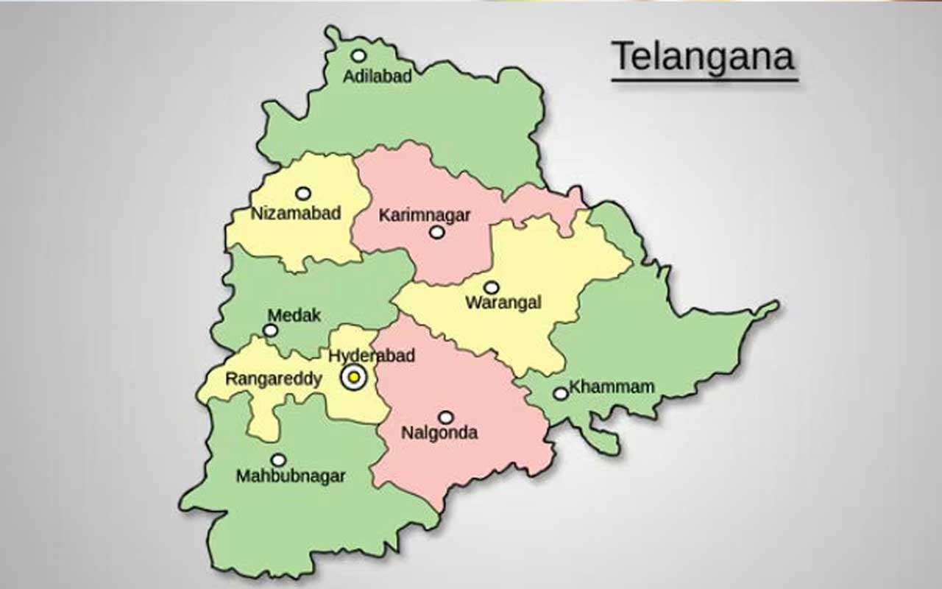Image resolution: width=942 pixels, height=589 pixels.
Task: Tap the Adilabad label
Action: pyautogui.click(x=378, y=76)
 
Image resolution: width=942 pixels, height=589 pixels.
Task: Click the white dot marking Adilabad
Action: pyautogui.click(x=358, y=55)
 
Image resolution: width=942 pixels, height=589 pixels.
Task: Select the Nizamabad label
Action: pyautogui.click(x=296, y=214)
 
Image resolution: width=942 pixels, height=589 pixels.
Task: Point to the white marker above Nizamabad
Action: pyautogui.click(x=303, y=194)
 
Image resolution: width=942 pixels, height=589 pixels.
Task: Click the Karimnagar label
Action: pyautogui.click(x=425, y=215)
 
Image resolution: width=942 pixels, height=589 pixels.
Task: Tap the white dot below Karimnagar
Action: pyautogui.click(x=437, y=233)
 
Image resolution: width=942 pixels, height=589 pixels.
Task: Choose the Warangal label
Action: pyautogui.click(x=503, y=303)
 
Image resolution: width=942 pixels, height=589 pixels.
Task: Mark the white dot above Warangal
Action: pyautogui.click(x=491, y=287)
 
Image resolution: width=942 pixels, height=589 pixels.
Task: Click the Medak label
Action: pyautogui.click(x=294, y=315)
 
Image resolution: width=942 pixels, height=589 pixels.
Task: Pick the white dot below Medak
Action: pyautogui.click(x=271, y=331)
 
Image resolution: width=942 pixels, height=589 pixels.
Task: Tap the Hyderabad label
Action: pyautogui.click(x=372, y=356)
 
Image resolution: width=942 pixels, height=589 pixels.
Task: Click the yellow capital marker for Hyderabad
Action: pyautogui.click(x=354, y=377)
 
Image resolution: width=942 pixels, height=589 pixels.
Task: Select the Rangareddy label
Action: pyautogui.click(x=273, y=379)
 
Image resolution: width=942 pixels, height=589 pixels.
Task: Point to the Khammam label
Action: pyautogui.click(x=612, y=387)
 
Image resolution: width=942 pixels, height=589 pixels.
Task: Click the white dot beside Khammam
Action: pyautogui.click(x=561, y=394)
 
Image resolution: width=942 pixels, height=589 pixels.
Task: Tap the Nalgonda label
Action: pyautogui.click(x=439, y=432)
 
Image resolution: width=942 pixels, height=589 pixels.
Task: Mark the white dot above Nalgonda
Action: pyautogui.click(x=445, y=417)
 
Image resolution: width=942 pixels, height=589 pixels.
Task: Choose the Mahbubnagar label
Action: pyautogui.click(x=291, y=476)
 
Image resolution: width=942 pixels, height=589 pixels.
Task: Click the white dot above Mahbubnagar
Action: pyautogui.click(x=278, y=460)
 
